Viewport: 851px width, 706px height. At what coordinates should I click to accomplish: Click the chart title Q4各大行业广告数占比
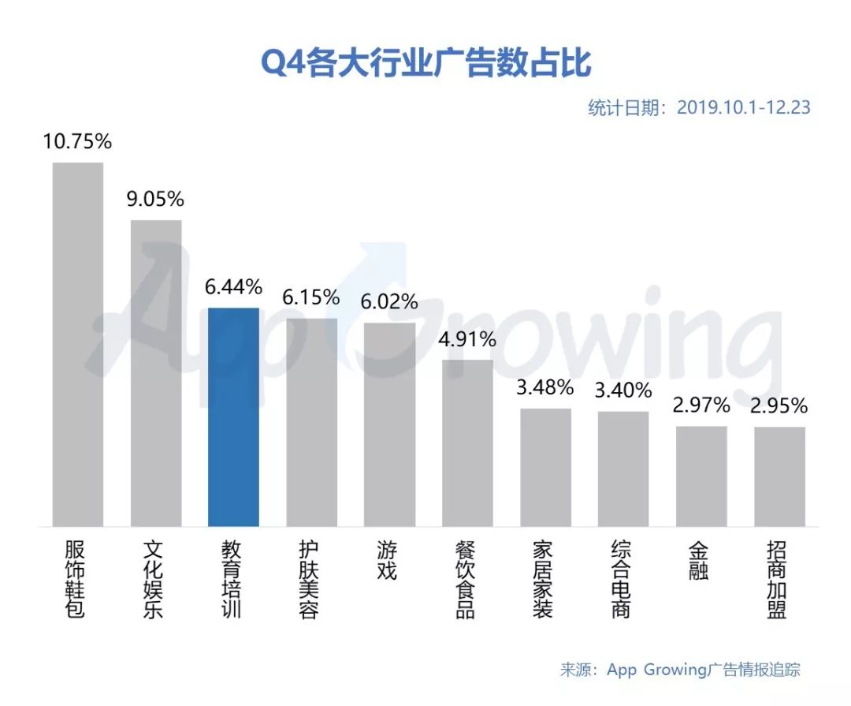click(x=426, y=63)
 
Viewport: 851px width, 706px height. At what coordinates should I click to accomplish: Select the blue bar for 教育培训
click(x=233, y=417)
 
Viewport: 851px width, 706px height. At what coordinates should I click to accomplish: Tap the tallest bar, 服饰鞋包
click(x=77, y=345)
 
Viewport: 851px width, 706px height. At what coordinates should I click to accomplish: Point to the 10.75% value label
click(x=77, y=141)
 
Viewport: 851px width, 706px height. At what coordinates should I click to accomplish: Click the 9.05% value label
click(x=155, y=199)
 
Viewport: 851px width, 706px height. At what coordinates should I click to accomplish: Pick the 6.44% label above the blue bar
click(x=233, y=287)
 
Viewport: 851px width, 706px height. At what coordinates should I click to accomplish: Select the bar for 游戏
click(x=390, y=425)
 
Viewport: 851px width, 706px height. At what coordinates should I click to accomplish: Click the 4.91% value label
click(x=467, y=340)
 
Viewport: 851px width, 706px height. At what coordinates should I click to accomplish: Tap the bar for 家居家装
click(x=545, y=468)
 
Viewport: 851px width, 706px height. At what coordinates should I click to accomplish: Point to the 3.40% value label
click(x=623, y=390)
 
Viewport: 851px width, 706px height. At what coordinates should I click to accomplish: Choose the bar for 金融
click(x=701, y=476)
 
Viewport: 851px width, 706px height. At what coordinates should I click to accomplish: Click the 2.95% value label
click(x=779, y=405)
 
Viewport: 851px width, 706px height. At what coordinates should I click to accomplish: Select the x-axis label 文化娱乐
click(x=153, y=579)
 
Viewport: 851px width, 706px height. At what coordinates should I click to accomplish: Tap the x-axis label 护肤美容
click(x=309, y=579)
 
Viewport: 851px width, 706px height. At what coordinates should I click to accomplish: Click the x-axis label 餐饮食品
click(x=465, y=579)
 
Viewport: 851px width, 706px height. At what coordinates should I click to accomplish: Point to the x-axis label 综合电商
click(x=621, y=579)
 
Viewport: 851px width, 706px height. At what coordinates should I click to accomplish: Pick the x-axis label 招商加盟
click(x=777, y=579)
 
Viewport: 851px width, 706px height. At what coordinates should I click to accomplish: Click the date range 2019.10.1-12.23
click(x=744, y=107)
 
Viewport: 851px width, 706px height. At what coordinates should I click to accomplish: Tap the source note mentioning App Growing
click(x=680, y=669)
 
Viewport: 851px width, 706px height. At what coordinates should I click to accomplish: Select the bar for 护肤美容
click(x=311, y=422)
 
